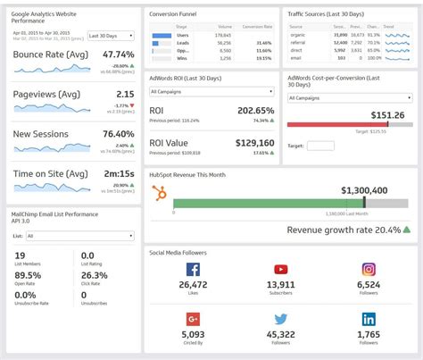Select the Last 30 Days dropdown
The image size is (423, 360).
tap(111, 36)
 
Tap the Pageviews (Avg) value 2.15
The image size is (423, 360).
tap(125, 94)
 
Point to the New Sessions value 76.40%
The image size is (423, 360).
tap(119, 134)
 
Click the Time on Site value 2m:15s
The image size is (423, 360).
tap(119, 173)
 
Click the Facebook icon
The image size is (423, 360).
tap(193, 270)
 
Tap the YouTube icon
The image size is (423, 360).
tap(281, 270)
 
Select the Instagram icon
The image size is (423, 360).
tap(369, 270)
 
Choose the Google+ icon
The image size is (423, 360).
tap(193, 319)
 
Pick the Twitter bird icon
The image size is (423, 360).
tap(281, 319)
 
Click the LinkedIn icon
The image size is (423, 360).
tap(369, 319)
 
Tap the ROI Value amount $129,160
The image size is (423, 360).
tap(254, 142)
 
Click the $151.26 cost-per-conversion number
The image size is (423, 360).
tap(387, 115)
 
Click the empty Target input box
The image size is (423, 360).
tap(320, 146)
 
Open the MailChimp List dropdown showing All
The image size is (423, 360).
tap(80, 236)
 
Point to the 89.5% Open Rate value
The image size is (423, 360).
tap(27, 275)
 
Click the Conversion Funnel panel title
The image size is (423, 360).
tap(174, 13)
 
